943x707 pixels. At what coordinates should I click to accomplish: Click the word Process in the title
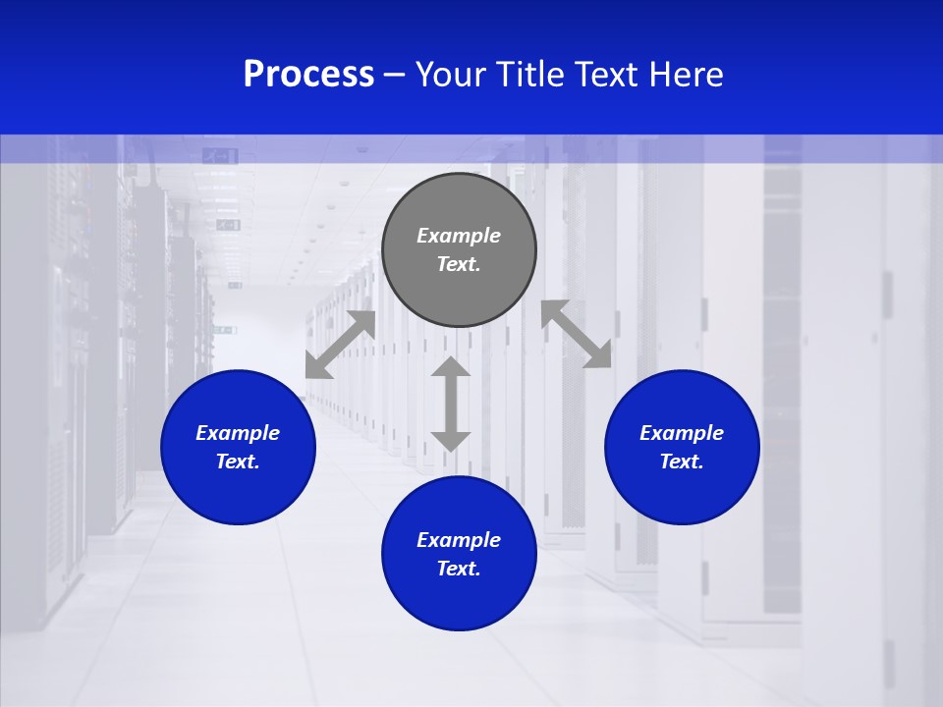308,75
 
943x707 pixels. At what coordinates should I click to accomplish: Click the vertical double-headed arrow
451,404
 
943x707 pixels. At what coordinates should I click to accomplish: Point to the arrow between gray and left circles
340,344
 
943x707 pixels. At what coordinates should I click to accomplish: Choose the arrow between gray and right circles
576,334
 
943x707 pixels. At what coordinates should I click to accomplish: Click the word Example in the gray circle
459,236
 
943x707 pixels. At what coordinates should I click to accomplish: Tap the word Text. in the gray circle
459,264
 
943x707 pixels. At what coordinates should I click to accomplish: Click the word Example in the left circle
238,433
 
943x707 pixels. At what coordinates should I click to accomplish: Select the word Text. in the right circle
682,462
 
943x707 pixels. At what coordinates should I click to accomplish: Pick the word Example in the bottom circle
459,540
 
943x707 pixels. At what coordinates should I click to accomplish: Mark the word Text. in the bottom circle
459,569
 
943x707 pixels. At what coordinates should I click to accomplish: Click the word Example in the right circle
682,433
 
